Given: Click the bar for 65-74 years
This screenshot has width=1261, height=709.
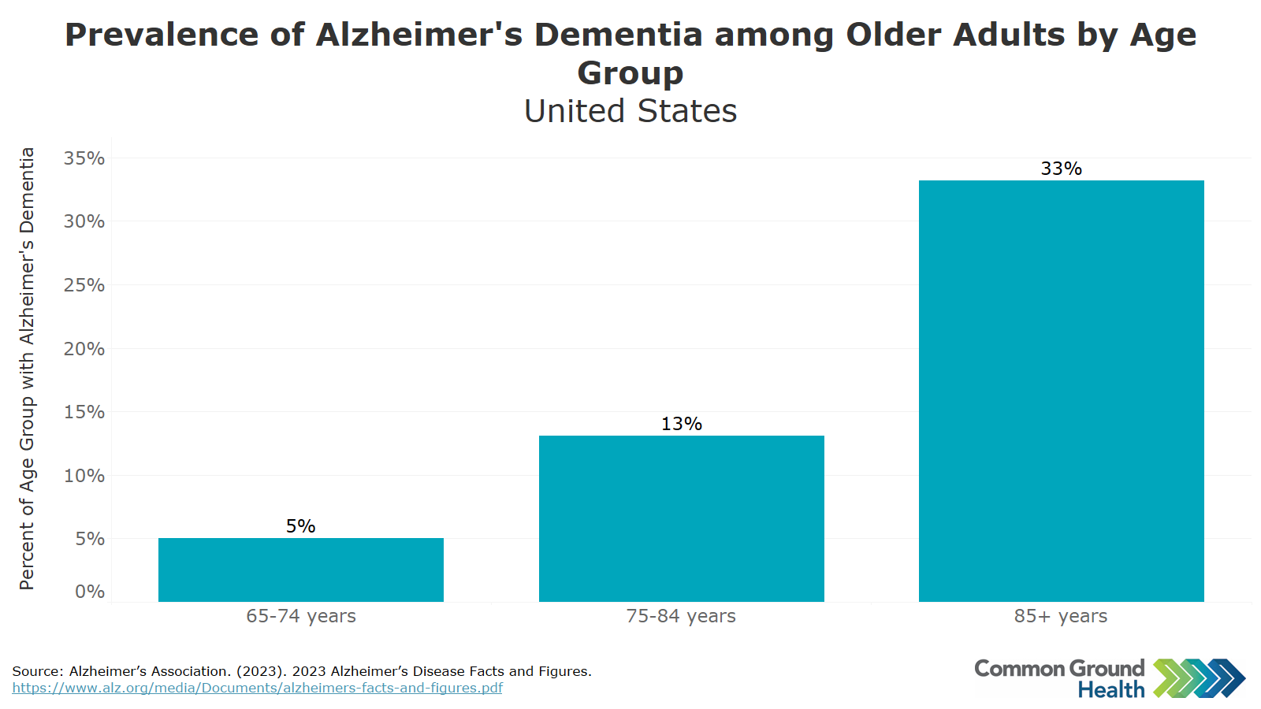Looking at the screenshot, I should pyautogui.click(x=300, y=570).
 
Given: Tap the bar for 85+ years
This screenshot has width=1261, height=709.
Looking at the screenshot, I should pyautogui.click(x=1061, y=391).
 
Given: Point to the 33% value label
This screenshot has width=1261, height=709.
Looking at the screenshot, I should pyautogui.click(x=1061, y=169).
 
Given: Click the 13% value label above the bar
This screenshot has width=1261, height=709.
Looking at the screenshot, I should pyautogui.click(x=681, y=424).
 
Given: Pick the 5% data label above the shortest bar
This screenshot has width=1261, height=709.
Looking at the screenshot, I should pyautogui.click(x=300, y=526).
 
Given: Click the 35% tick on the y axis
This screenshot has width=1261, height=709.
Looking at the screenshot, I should pyautogui.click(x=84, y=158).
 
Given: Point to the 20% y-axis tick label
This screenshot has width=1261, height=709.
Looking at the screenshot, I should pyautogui.click(x=84, y=349).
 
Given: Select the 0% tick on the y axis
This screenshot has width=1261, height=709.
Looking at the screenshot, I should pyautogui.click(x=90, y=592).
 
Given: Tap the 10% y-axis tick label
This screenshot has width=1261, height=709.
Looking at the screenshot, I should pyautogui.click(x=84, y=476).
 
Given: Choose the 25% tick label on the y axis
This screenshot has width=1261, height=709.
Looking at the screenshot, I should pyautogui.click(x=84, y=285).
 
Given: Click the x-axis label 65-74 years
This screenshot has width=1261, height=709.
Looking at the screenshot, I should pyautogui.click(x=300, y=616).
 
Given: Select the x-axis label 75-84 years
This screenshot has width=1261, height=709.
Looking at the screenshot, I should pyautogui.click(x=681, y=616).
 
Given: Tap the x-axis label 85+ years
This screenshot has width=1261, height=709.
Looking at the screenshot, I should pyautogui.click(x=1061, y=616).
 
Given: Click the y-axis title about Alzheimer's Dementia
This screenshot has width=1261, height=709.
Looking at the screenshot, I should pyautogui.click(x=27, y=369).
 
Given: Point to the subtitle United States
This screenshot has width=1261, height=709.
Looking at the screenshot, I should pyautogui.click(x=630, y=111).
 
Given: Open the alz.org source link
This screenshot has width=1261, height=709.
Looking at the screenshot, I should pyautogui.click(x=257, y=688).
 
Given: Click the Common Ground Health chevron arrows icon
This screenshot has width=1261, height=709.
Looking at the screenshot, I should pyautogui.click(x=1199, y=678).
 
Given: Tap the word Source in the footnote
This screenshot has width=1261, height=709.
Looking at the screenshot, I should pyautogui.click(x=37, y=671).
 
